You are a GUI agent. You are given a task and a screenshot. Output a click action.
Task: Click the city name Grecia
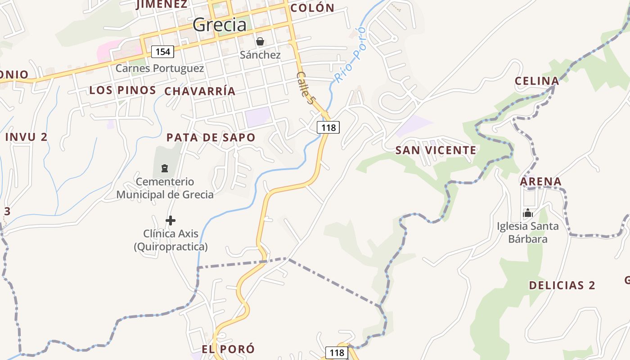pyautogui.click(x=220, y=25)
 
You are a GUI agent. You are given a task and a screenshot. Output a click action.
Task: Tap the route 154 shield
pyautogui.click(x=162, y=52)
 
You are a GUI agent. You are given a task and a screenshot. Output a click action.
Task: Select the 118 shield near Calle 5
pyautogui.click(x=328, y=127)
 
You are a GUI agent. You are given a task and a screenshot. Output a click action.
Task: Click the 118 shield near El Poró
pyautogui.click(x=336, y=352)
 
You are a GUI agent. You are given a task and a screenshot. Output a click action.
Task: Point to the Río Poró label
pyautogui.click(x=350, y=55)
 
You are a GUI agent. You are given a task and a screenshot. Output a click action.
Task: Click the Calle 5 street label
pyautogui.click(x=305, y=88)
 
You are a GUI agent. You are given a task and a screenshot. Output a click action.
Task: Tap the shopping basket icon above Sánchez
pyautogui.click(x=260, y=42)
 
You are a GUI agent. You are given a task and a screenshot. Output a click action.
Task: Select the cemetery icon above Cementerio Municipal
pyautogui.click(x=165, y=168)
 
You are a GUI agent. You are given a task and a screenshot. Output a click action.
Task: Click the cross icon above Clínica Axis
pyautogui.click(x=171, y=220)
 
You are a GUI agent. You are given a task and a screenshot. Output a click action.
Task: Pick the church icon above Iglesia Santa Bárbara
pyautogui.click(x=528, y=213)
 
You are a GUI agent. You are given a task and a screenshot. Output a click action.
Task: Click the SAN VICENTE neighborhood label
pyautogui.click(x=436, y=150)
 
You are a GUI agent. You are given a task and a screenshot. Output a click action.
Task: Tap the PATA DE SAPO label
pyautogui.click(x=211, y=138)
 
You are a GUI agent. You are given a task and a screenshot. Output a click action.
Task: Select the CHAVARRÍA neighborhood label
pyautogui.click(x=200, y=91)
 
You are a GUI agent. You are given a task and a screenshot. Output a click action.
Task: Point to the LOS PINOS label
pyautogui.click(x=122, y=90)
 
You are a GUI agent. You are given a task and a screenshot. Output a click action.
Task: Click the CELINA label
pyautogui.click(x=537, y=81)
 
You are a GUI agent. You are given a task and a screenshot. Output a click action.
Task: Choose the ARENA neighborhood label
pyautogui.click(x=541, y=182)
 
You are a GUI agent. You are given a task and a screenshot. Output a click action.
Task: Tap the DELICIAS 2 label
pyautogui.click(x=562, y=285)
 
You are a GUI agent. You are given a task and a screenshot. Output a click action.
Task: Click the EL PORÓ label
pyautogui.click(x=228, y=349)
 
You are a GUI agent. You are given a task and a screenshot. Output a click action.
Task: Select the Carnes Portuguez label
pyautogui.click(x=160, y=68)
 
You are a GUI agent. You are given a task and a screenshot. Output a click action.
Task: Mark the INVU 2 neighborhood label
pyautogui.click(x=26, y=137)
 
